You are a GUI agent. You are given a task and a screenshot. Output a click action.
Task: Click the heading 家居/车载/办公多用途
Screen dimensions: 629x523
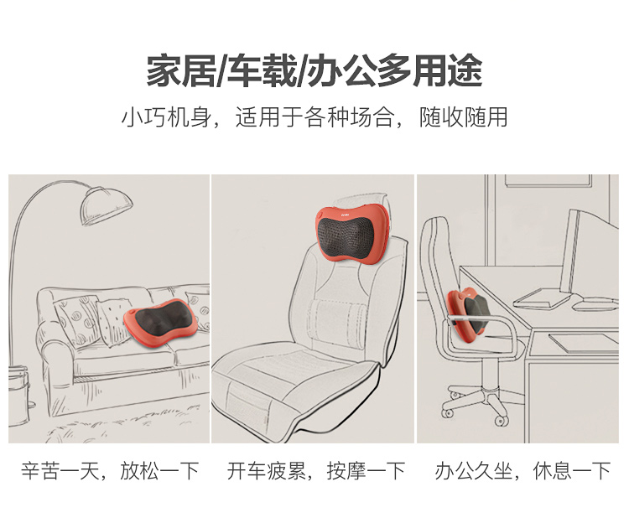tap(314, 71)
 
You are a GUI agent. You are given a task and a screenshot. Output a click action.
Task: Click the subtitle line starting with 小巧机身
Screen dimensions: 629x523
tap(314, 117)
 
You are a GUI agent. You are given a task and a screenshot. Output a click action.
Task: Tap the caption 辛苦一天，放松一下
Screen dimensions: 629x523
tap(110, 471)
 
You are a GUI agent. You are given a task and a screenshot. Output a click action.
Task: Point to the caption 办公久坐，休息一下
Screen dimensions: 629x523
tap(522, 471)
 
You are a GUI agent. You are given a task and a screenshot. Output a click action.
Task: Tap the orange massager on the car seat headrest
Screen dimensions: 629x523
tap(352, 234)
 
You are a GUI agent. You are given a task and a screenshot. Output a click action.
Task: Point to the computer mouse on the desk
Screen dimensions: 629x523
tap(595, 306)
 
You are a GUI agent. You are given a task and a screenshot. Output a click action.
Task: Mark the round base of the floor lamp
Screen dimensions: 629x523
tap(18, 396)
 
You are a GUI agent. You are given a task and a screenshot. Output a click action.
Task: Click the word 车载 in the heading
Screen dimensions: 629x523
tap(261, 71)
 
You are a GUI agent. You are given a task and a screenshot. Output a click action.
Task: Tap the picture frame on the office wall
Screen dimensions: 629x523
tap(548, 180)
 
